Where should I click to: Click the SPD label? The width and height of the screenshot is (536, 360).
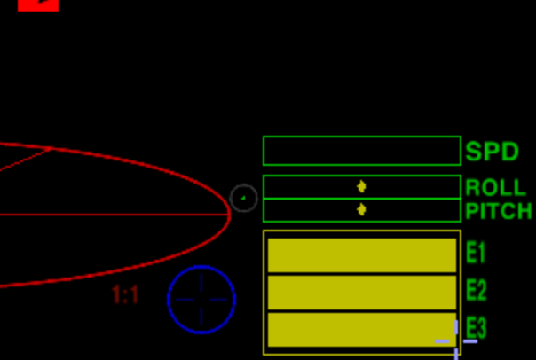(x=492, y=152)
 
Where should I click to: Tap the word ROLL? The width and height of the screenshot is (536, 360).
(x=495, y=188)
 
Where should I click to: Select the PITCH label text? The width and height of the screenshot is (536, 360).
(x=499, y=211)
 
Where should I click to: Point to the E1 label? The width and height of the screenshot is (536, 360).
(x=476, y=254)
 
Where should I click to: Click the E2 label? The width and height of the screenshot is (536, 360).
(x=476, y=291)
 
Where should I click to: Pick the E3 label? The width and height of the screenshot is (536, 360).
(x=476, y=327)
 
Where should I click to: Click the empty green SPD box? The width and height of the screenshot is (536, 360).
(x=361, y=151)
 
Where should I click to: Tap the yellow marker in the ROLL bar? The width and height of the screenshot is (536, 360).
(x=361, y=186)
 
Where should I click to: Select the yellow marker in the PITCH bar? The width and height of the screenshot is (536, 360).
(x=361, y=209)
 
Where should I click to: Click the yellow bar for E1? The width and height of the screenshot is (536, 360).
(x=361, y=254)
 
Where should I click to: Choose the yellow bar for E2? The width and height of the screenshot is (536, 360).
(x=361, y=293)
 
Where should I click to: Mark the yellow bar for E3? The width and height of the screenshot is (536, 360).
(x=361, y=329)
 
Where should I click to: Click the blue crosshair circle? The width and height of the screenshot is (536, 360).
(x=201, y=300)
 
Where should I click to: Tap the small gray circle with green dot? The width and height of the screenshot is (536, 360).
(x=243, y=198)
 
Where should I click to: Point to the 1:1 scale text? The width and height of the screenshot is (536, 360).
(x=125, y=295)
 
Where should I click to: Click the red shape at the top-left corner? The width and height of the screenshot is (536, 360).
(x=37, y=4)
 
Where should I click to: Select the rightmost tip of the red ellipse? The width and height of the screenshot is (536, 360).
(x=229, y=214)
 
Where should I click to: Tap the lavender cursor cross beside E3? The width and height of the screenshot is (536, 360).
(x=456, y=340)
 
